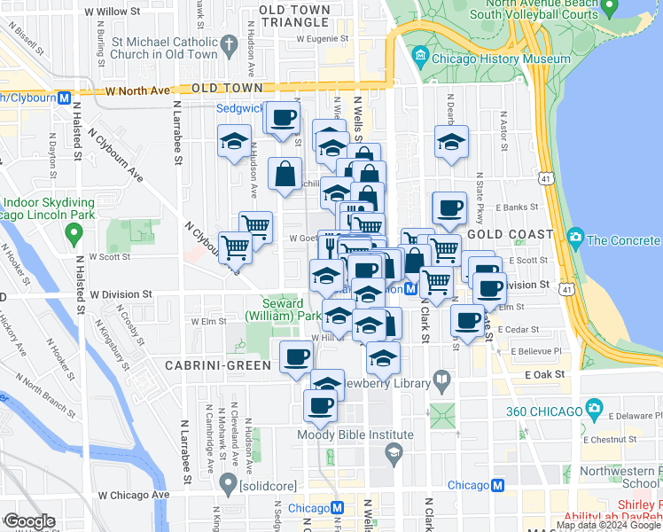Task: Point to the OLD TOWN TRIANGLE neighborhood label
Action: click(295, 15)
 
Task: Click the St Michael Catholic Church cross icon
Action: click(230, 43)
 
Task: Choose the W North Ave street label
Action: click(136, 90)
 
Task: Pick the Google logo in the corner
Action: click(30, 521)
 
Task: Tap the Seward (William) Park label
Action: click(284, 309)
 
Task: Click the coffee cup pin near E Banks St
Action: click(448, 208)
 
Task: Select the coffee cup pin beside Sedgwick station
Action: click(284, 117)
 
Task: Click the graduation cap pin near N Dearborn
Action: click(451, 142)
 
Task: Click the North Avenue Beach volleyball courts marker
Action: click(608, 8)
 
